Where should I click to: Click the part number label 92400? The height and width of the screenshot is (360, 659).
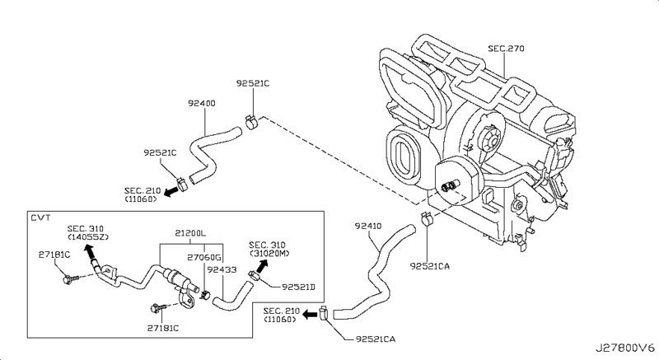pyautogui.click(x=202, y=103)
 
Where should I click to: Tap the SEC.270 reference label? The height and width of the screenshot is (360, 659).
pyautogui.click(x=506, y=49)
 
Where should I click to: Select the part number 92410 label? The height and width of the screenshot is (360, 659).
pyautogui.click(x=368, y=226)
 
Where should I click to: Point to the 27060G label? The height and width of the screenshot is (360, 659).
pyautogui.click(x=203, y=257)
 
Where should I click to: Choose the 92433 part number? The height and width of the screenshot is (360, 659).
pyautogui.click(x=222, y=269)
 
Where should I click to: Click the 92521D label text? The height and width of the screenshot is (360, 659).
pyautogui.click(x=298, y=287)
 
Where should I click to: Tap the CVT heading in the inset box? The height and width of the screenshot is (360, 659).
pyautogui.click(x=40, y=217)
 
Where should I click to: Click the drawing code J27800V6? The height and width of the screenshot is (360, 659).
pyautogui.click(x=625, y=348)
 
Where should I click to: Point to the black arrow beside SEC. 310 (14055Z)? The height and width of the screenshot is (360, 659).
pyautogui.click(x=89, y=252)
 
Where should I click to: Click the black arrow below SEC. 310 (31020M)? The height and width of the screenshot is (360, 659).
pyautogui.click(x=261, y=266)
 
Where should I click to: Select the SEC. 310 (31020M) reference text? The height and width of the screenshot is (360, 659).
pyautogui.click(x=269, y=249)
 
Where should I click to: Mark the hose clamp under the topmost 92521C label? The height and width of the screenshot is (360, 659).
pyautogui.click(x=253, y=122)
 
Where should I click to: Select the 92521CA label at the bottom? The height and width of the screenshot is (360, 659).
pyautogui.click(x=376, y=339)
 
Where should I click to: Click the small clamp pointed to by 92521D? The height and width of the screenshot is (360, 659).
pyautogui.click(x=254, y=276)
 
